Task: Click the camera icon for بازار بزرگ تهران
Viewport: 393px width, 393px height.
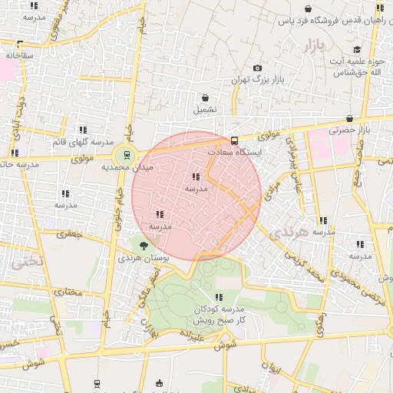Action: pyautogui.click(x=256, y=68)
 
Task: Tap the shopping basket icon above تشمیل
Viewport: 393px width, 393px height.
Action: pyautogui.click(x=205, y=97)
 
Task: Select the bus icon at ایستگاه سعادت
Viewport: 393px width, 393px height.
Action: pyautogui.click(x=234, y=141)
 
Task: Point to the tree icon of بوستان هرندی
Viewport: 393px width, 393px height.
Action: pyautogui.click(x=144, y=245)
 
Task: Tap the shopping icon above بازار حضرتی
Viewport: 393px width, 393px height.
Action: pyautogui.click(x=350, y=118)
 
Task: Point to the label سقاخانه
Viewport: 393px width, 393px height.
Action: pyautogui.click(x=19, y=55)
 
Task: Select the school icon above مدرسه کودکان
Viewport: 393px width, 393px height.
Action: pyautogui.click(x=219, y=297)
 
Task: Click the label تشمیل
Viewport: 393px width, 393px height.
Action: pyautogui.click(x=205, y=109)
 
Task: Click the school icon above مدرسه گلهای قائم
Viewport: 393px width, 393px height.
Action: pyautogui.click(x=82, y=130)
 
